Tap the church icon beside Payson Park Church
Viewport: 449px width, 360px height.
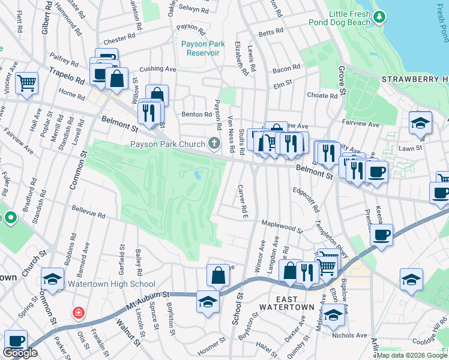point(214,143)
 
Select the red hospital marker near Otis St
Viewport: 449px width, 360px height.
point(77,313)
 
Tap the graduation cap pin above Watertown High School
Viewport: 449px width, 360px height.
point(53,278)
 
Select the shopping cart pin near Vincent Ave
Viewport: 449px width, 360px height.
point(27,83)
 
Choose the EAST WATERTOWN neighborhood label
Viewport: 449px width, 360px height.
point(286,302)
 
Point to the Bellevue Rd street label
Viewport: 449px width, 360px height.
point(88,213)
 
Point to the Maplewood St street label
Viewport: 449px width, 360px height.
point(282,227)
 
